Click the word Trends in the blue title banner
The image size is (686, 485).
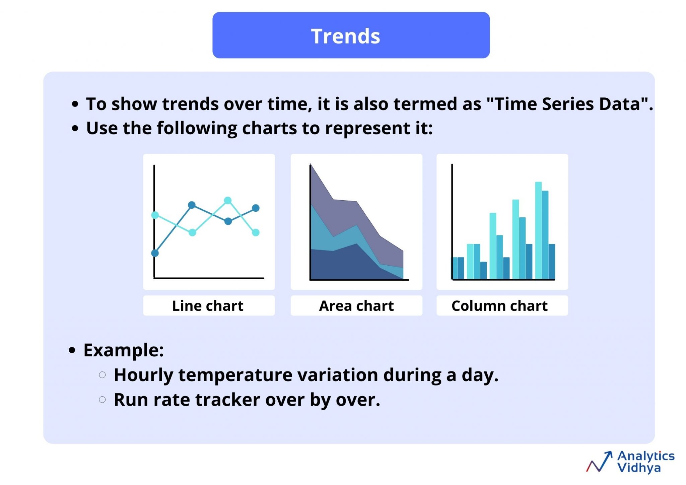pos(345,36)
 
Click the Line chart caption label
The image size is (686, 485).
pos(208,306)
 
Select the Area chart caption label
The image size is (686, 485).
pos(356,306)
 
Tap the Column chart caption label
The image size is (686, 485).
pos(499,306)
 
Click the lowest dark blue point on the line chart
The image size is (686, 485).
pos(155,253)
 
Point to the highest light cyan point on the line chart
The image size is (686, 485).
pos(228,200)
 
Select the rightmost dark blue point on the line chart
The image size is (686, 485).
pos(256,208)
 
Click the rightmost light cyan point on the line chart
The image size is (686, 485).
pos(256,232)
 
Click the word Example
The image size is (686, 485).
pos(123,350)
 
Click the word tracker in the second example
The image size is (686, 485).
pos(227,400)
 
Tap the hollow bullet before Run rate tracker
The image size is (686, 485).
pos(102,400)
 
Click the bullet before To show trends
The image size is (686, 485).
pos(75,104)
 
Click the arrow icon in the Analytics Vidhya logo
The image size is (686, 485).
pos(600,462)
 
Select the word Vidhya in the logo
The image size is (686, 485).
pos(638,468)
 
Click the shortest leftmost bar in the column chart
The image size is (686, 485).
pos(455,268)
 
